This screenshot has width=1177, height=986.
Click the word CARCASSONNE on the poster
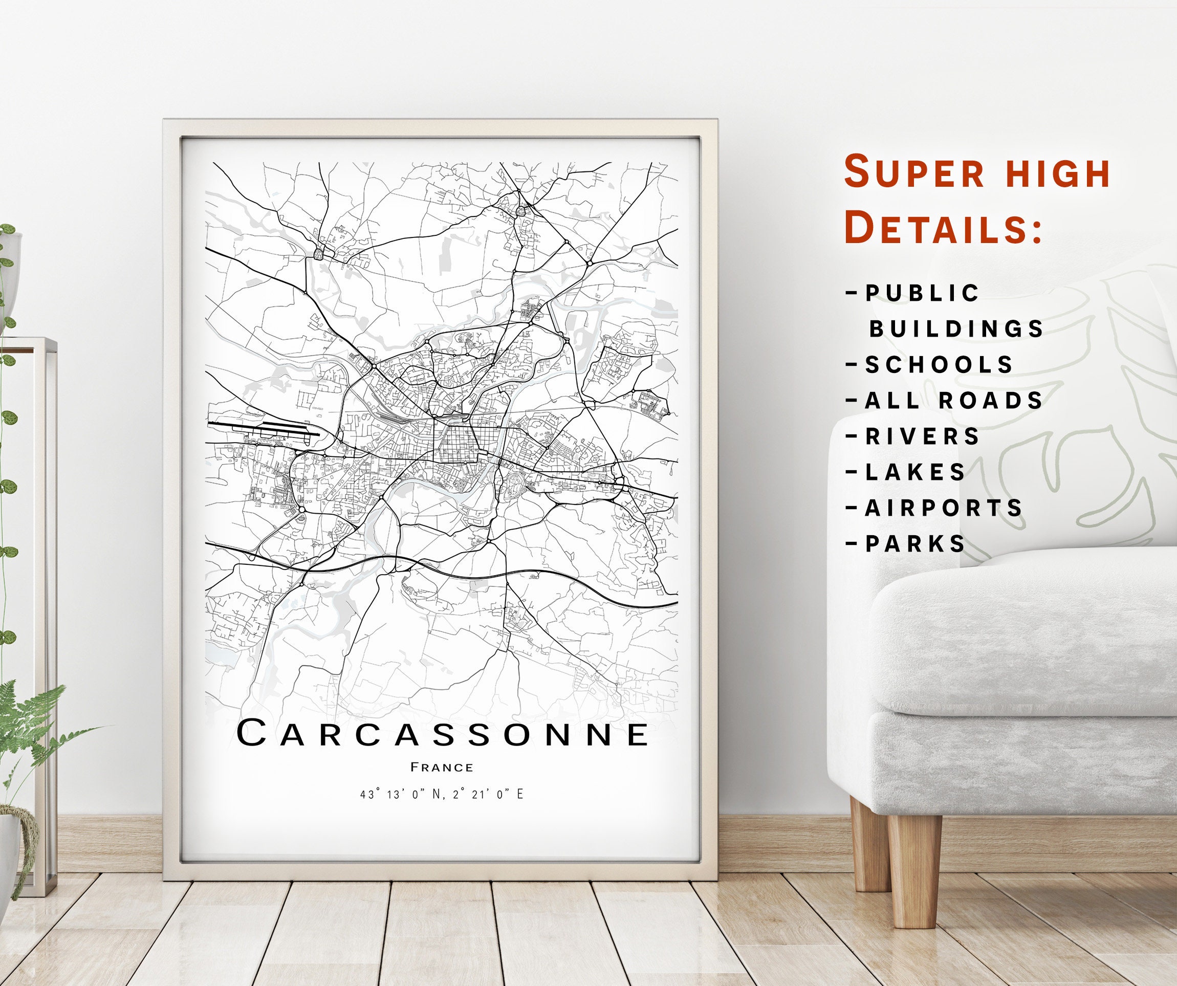coord(443,734)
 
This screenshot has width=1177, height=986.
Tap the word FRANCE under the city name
coord(442,768)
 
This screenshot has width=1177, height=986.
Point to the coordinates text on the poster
coord(442,794)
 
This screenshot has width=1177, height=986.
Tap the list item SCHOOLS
coord(940,365)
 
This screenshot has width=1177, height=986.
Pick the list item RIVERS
coord(923,436)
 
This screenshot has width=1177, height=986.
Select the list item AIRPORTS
coord(944,509)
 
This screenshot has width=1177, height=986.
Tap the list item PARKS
coord(916,544)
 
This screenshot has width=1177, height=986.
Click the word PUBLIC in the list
coord(923,293)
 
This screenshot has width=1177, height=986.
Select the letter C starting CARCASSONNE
coord(251,734)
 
